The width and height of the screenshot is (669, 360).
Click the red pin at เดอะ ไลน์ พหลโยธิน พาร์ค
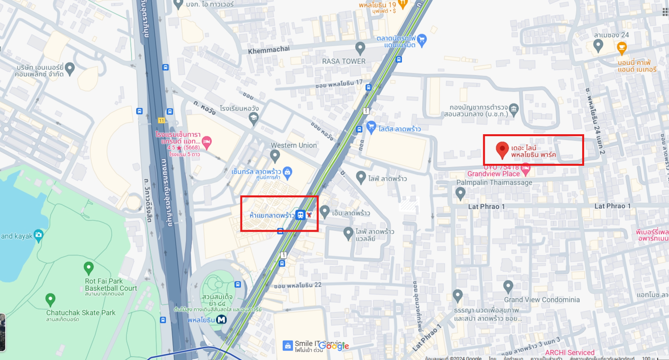click(502, 150)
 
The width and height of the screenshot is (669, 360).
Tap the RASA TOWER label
click(343, 61)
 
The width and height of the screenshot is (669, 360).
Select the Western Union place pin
click(275, 156)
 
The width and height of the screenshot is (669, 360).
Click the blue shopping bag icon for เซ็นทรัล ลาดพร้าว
click(287, 172)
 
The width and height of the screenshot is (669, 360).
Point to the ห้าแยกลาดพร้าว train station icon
click(300, 215)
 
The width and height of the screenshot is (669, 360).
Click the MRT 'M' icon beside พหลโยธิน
click(221, 319)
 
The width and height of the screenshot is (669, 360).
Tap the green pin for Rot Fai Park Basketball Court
click(89, 268)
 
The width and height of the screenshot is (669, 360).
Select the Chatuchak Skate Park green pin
click(50, 299)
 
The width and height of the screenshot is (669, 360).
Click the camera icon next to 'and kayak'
click(38, 236)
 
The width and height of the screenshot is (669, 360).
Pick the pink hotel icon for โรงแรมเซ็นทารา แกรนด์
click(206, 141)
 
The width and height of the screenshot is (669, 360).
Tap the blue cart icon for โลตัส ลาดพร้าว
click(371, 127)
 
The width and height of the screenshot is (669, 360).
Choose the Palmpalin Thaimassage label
click(494, 182)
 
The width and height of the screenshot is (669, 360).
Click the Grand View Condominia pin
click(508, 286)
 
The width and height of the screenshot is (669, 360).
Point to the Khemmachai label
click(268, 49)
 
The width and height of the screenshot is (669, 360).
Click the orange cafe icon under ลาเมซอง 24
click(622, 48)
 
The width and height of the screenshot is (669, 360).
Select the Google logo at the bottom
click(334, 346)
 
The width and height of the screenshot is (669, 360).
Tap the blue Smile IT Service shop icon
click(288, 346)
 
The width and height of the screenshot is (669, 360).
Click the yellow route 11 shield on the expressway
click(161, 120)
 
